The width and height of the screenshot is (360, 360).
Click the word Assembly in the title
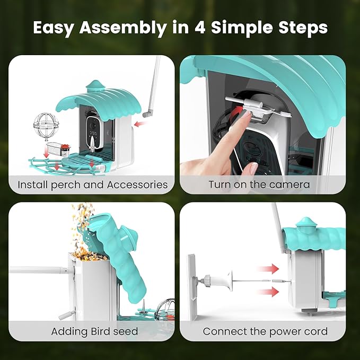(x=122, y=28)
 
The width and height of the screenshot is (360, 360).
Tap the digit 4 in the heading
(x=199, y=28)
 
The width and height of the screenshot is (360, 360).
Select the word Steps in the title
(x=303, y=28)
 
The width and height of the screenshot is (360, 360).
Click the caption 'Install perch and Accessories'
(x=93, y=185)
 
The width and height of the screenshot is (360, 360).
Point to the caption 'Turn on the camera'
(x=259, y=185)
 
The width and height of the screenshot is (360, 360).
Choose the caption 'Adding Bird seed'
(x=94, y=331)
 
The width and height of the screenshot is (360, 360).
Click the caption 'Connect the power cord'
(x=265, y=331)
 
